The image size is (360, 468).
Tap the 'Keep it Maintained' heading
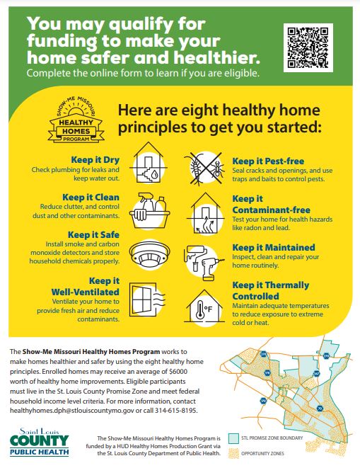273,247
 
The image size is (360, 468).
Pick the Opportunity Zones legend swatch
234,454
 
